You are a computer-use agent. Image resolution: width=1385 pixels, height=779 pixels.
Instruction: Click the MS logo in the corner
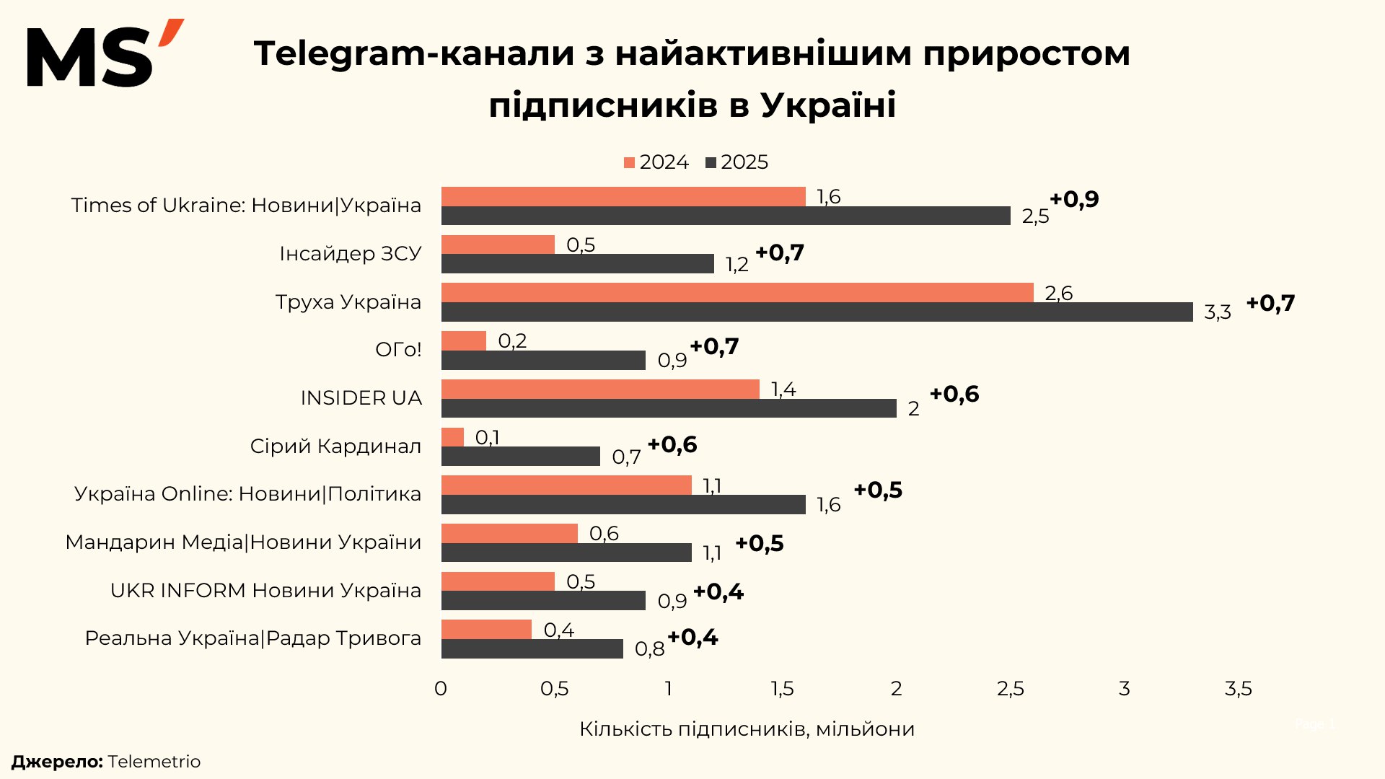105,54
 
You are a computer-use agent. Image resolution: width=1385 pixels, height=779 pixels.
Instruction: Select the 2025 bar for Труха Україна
817,312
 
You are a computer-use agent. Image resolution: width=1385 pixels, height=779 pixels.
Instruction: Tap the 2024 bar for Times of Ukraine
623,196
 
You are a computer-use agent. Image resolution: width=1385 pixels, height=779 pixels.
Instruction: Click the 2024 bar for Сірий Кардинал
452,437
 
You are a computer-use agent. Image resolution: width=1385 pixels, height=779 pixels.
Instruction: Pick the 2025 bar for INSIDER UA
669,408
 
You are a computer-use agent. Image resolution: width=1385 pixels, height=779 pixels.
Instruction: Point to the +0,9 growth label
1074,199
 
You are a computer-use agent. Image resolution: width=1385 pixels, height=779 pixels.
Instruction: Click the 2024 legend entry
656,162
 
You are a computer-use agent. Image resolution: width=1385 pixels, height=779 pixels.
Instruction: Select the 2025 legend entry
737,162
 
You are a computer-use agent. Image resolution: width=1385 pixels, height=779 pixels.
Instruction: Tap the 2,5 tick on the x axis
1010,689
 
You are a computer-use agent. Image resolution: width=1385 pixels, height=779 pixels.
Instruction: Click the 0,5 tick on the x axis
554,689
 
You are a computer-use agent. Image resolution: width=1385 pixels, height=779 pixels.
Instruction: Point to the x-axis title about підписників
747,729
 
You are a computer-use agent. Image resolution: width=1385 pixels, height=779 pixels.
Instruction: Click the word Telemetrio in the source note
154,762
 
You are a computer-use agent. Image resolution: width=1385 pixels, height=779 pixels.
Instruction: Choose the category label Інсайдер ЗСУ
350,254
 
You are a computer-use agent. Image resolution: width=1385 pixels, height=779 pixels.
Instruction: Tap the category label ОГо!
398,350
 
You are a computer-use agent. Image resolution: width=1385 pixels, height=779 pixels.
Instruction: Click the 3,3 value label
1217,312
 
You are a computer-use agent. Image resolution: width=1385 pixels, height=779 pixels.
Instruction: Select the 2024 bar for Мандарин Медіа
509,533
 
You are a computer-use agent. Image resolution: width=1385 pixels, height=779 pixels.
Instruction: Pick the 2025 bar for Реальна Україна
532,649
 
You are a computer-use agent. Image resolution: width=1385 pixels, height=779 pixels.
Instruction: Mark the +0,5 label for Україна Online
878,490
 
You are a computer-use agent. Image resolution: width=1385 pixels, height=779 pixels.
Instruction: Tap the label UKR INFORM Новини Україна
265,591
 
